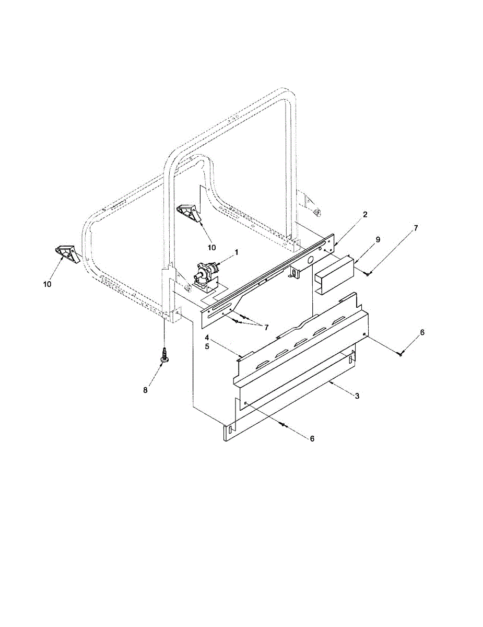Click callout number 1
(237, 252)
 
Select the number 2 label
(365, 214)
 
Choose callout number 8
(146, 390)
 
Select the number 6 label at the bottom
(312, 439)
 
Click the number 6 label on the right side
(422, 332)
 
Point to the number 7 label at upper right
(416, 228)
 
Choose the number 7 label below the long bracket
(266, 327)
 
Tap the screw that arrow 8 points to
(164, 355)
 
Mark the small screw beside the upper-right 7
(368, 273)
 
